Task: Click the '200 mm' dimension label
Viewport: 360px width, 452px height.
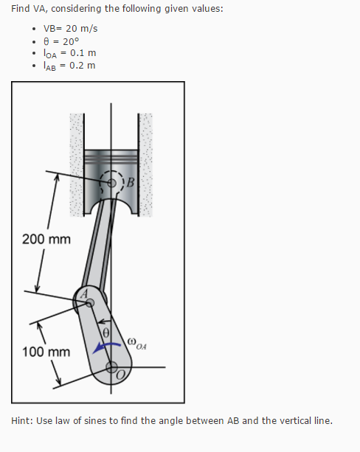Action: (x=46, y=240)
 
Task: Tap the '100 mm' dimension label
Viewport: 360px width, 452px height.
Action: (x=46, y=351)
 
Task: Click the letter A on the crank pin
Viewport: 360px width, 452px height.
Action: (x=84, y=293)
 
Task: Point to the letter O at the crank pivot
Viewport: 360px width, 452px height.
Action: (x=121, y=375)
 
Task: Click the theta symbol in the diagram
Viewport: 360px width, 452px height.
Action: (x=106, y=333)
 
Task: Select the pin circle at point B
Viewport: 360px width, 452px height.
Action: (x=113, y=182)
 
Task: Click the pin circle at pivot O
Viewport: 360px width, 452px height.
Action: (x=112, y=366)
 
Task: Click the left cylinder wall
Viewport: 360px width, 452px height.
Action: (x=75, y=166)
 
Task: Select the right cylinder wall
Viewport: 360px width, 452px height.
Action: (x=146, y=166)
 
